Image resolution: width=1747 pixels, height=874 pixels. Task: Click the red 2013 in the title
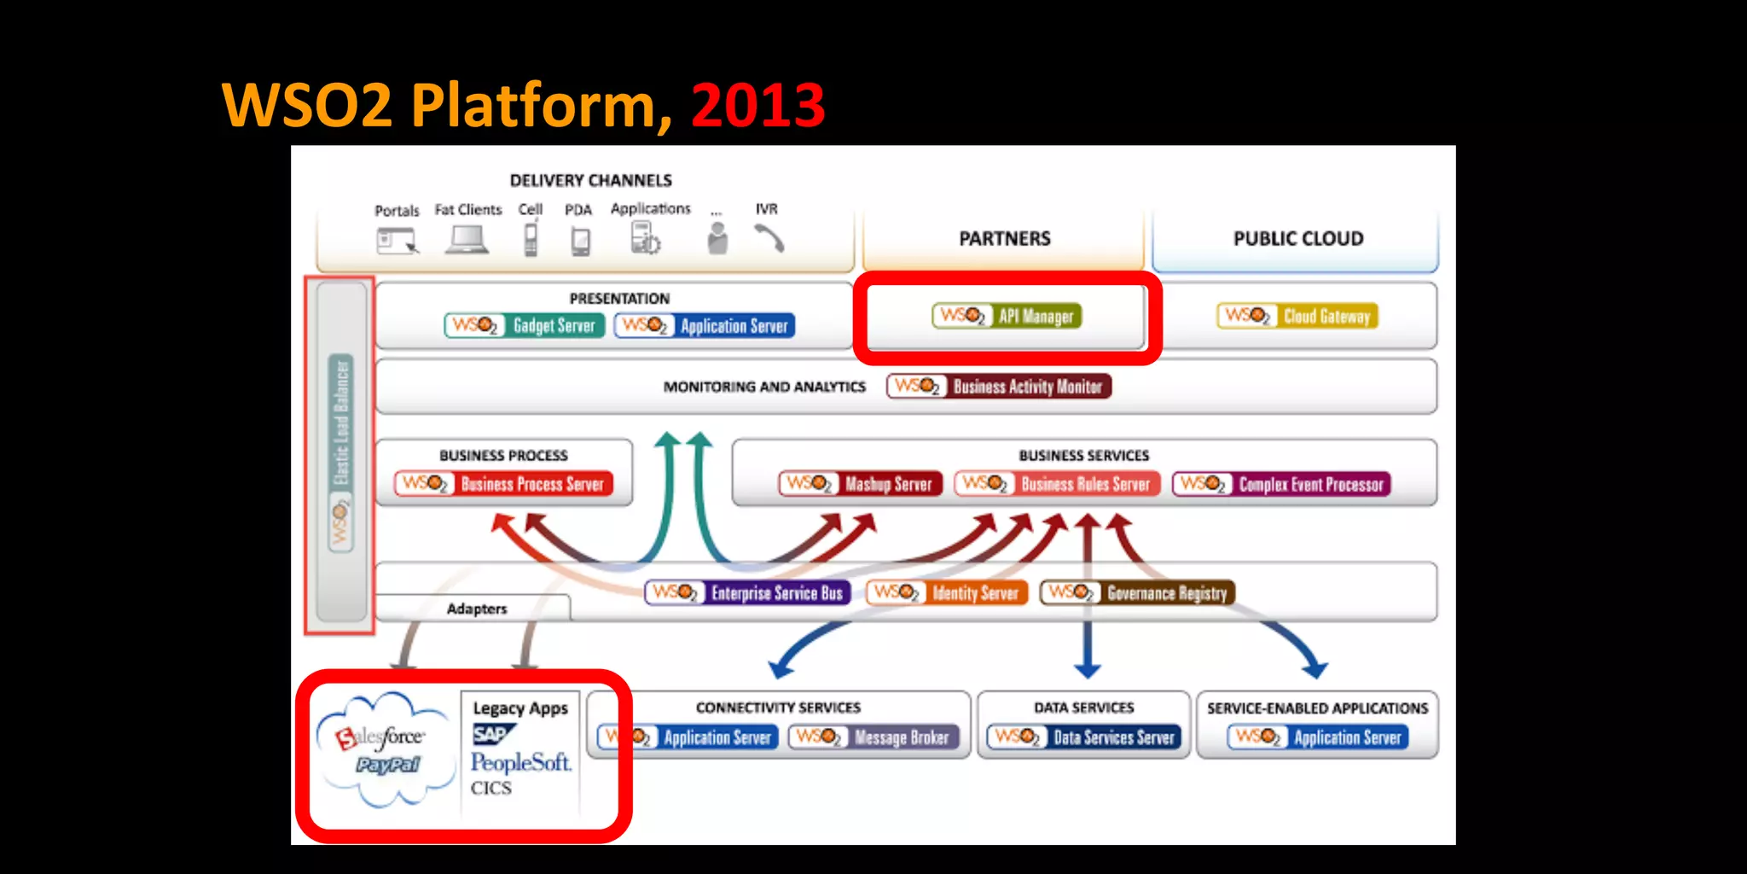pos(757,105)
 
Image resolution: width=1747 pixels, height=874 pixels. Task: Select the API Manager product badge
pos(1007,316)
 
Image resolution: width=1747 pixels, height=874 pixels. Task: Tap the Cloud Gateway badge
pos(1297,316)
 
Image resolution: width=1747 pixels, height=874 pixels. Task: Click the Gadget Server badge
pos(524,325)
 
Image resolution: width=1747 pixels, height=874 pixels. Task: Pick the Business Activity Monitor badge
pos(999,387)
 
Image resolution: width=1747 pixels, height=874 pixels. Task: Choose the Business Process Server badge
pos(503,484)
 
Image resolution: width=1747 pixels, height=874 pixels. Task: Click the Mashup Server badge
pos(861,484)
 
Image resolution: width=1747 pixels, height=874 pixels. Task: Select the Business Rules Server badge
pos(1057,484)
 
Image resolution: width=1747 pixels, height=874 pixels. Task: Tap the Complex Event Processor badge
pos(1281,484)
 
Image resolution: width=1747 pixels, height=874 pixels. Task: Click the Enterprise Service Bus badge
pos(748,592)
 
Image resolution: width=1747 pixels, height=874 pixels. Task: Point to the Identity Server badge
pos(947,592)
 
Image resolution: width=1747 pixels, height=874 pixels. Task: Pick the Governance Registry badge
pos(1137,592)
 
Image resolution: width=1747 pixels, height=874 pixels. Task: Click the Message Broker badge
pos(874,737)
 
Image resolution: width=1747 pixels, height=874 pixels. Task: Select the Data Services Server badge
pos(1084,737)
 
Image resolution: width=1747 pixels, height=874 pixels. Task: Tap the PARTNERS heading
pos(1004,239)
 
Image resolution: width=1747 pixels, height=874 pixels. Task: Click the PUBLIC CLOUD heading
pos(1297,239)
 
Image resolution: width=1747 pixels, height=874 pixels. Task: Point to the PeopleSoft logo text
pos(520,762)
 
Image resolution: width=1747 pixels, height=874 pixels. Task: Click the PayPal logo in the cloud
pos(388,765)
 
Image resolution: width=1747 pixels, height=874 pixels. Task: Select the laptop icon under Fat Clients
pos(467,239)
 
